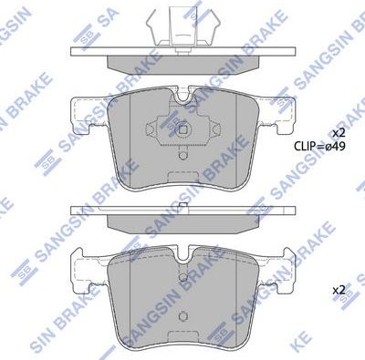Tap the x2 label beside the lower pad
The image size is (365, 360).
click(x=339, y=289)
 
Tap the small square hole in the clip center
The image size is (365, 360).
click(x=182, y=129)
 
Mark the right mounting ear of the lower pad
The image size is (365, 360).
click(x=282, y=270)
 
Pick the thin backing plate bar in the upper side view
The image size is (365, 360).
click(x=182, y=52)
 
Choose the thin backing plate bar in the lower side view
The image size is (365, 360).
click(x=182, y=212)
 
